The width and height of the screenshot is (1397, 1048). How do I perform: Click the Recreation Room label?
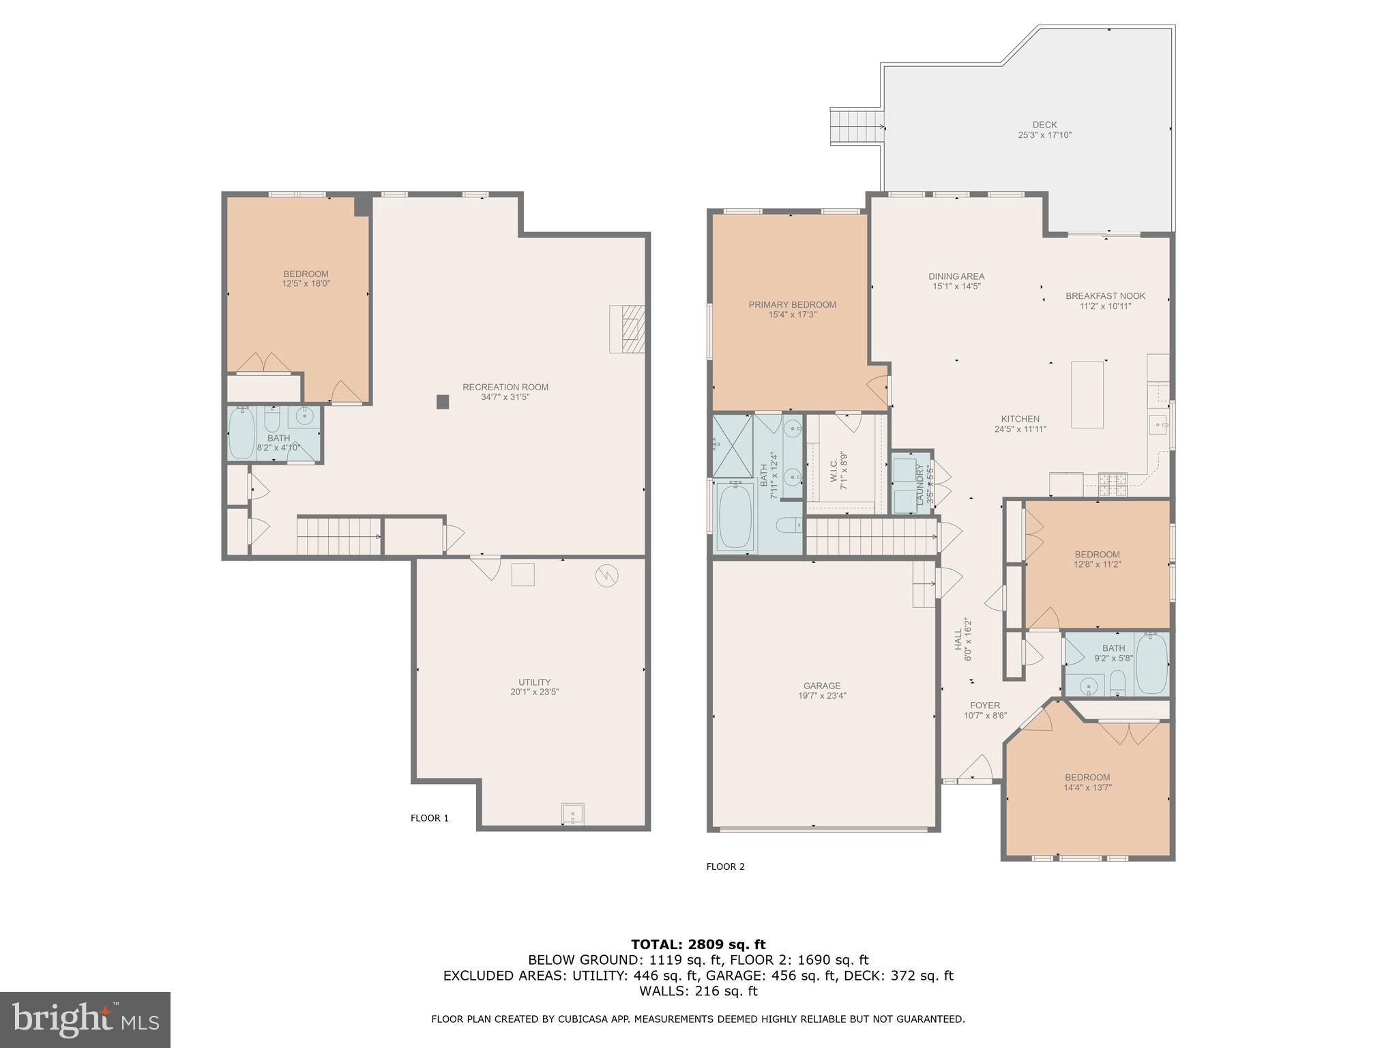click(x=505, y=387)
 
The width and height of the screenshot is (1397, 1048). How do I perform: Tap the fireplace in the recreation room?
click(x=627, y=329)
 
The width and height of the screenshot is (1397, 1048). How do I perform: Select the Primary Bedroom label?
click(x=792, y=305)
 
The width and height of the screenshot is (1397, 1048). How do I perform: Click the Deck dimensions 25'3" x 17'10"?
click(x=1044, y=135)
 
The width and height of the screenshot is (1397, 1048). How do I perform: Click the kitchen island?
click(x=1087, y=394)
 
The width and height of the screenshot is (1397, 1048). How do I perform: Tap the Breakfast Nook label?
click(x=1105, y=296)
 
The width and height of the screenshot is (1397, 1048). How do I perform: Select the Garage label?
click(x=821, y=686)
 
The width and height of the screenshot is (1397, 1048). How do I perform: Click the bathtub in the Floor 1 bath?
click(x=241, y=433)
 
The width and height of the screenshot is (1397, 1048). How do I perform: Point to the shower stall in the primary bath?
click(x=733, y=446)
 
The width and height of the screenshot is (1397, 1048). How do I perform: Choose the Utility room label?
click(x=534, y=682)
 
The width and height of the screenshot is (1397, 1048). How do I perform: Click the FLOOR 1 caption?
click(x=429, y=818)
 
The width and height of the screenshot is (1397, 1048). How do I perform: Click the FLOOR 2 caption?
click(x=725, y=867)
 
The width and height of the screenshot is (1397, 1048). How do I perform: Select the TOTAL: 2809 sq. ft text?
click(x=698, y=944)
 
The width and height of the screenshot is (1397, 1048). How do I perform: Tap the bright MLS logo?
click(x=85, y=1019)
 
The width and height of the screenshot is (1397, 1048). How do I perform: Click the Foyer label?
click(x=985, y=705)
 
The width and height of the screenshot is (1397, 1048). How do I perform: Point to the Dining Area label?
click(x=956, y=276)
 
